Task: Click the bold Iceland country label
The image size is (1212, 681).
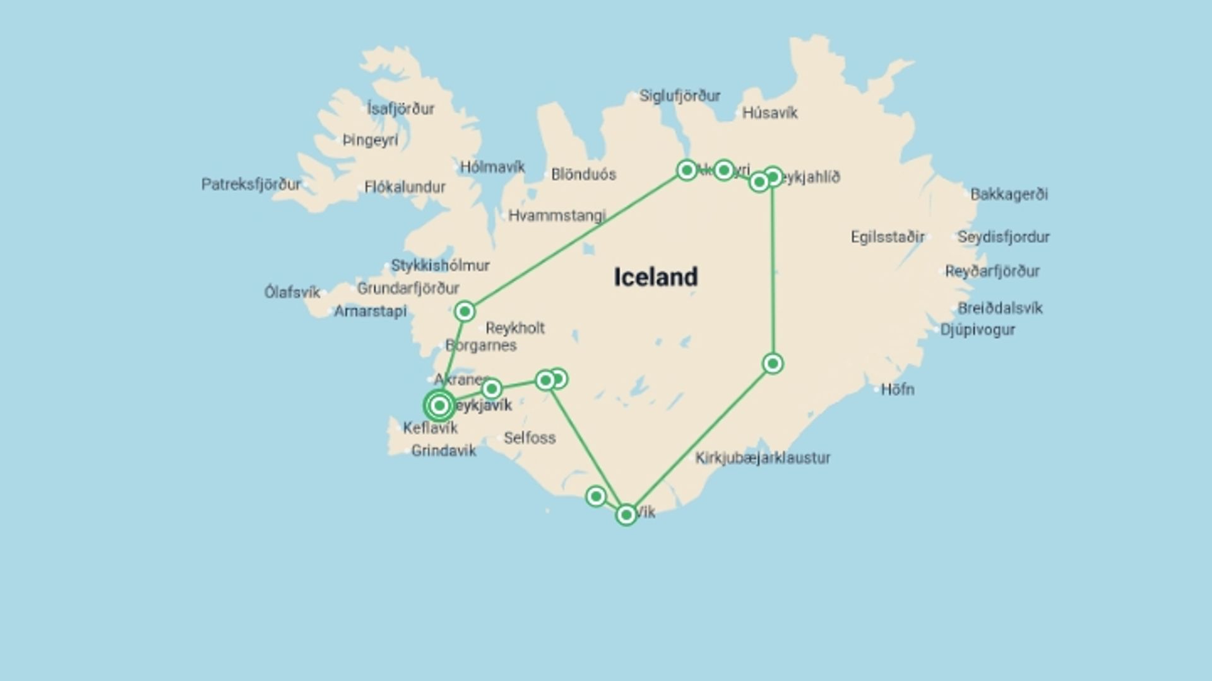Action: tap(656, 277)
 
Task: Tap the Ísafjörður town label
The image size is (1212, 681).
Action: tap(401, 109)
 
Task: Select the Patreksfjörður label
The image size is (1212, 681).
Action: tap(251, 185)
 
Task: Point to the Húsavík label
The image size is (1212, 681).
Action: tap(769, 113)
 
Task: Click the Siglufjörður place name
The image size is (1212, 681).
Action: tap(680, 96)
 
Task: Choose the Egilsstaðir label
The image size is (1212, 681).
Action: tap(887, 238)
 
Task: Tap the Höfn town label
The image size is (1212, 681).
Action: tap(897, 390)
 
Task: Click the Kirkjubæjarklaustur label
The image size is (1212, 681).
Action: tap(763, 458)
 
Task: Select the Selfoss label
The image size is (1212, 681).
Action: tap(530, 438)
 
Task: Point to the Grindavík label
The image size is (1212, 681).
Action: tap(444, 451)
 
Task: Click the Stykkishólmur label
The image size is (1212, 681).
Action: tap(440, 265)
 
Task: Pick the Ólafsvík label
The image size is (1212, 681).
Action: tap(292, 293)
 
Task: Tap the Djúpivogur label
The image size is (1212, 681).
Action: tap(977, 330)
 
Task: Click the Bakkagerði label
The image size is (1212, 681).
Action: tap(1009, 194)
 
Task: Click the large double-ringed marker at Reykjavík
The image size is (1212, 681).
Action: tap(439, 405)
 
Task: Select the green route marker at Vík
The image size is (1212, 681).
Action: tap(626, 515)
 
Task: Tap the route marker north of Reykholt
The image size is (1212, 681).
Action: tap(465, 311)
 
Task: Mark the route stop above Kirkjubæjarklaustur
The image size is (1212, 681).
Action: tap(773, 364)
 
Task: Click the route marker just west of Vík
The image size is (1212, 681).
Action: tap(595, 497)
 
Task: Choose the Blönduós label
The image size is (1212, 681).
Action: tap(583, 175)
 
